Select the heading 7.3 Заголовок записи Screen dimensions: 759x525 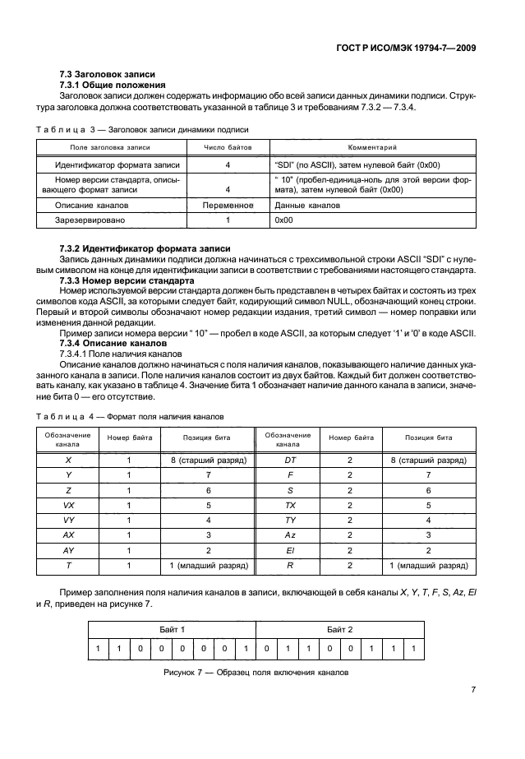(x=108, y=76)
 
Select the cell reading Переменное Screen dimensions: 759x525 (x=228, y=205)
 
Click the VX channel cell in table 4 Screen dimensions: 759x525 (x=68, y=505)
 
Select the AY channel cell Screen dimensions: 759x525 (x=68, y=549)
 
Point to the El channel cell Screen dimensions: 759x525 (x=290, y=549)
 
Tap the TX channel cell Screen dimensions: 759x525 (x=290, y=505)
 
